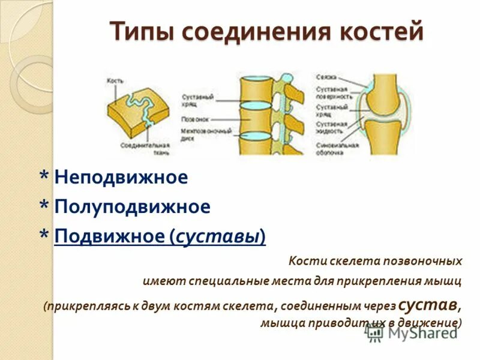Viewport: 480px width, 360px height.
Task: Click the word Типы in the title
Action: [x=142, y=31]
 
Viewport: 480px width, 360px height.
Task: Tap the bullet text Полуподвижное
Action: [x=132, y=207]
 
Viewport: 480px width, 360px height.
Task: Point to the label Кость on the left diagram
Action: [x=115, y=80]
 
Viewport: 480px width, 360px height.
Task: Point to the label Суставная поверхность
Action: [x=332, y=92]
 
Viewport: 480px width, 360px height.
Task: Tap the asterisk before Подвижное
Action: [x=44, y=236]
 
